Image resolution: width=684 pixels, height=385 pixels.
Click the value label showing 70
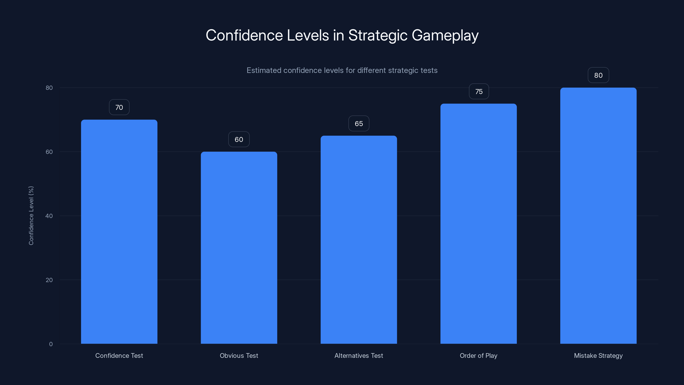click(x=119, y=107)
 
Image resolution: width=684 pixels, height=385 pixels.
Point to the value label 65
click(x=358, y=124)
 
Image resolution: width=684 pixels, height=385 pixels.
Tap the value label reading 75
click(x=479, y=92)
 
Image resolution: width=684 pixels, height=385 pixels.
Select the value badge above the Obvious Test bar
click(x=239, y=139)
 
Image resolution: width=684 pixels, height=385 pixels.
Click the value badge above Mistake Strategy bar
click(x=598, y=76)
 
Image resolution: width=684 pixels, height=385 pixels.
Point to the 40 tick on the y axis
click(x=49, y=216)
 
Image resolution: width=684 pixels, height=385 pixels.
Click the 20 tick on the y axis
click(x=49, y=280)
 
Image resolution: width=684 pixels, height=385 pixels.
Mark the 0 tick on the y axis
click(x=51, y=344)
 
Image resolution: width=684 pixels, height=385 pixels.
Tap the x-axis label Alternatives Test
click(x=358, y=355)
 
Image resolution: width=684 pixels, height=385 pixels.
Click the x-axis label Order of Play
click(x=479, y=355)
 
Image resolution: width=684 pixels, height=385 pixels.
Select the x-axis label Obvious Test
click(x=239, y=355)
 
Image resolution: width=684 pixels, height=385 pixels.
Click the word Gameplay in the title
click(x=445, y=35)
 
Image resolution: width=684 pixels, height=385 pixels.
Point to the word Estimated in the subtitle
click(x=264, y=70)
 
